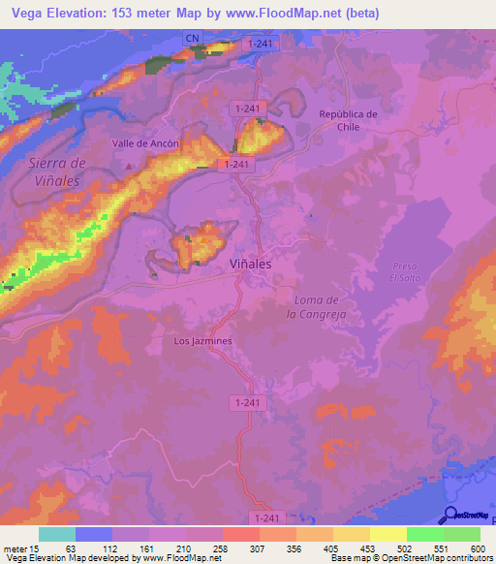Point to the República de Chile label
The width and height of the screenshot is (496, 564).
[348, 120]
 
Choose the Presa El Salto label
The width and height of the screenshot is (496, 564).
[404, 272]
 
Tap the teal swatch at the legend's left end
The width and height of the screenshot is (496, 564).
[57, 534]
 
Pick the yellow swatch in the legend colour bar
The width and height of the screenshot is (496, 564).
[387, 534]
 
